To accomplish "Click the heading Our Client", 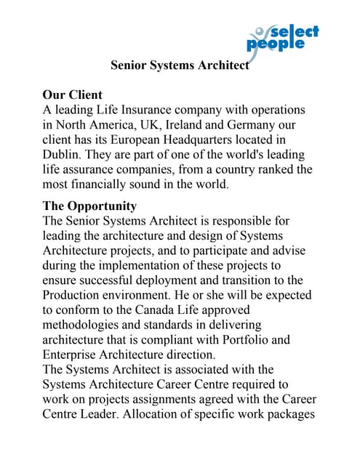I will point(73,94).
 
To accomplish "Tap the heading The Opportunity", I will point(89,205).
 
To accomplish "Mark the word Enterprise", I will point(74,355).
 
